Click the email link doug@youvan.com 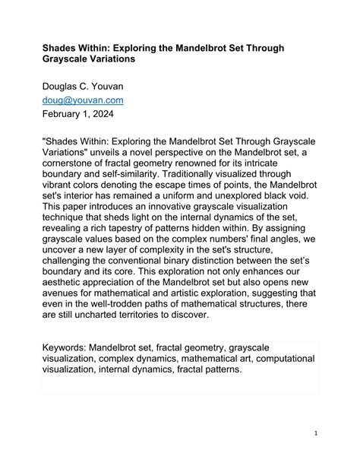tap(82, 100)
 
